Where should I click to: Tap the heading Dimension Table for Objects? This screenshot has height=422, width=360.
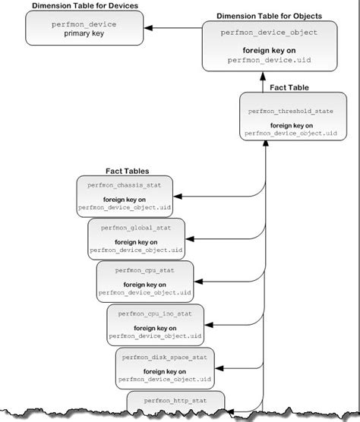(269, 16)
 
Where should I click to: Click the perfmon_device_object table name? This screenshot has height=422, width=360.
(269, 33)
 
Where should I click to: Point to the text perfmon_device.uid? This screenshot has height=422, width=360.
(269, 58)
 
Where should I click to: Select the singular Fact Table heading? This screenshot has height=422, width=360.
(288, 87)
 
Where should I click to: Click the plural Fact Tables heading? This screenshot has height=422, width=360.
(126, 171)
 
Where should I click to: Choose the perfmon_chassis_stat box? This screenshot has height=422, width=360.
(125, 197)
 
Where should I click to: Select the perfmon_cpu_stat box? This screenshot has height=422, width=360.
(144, 280)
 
